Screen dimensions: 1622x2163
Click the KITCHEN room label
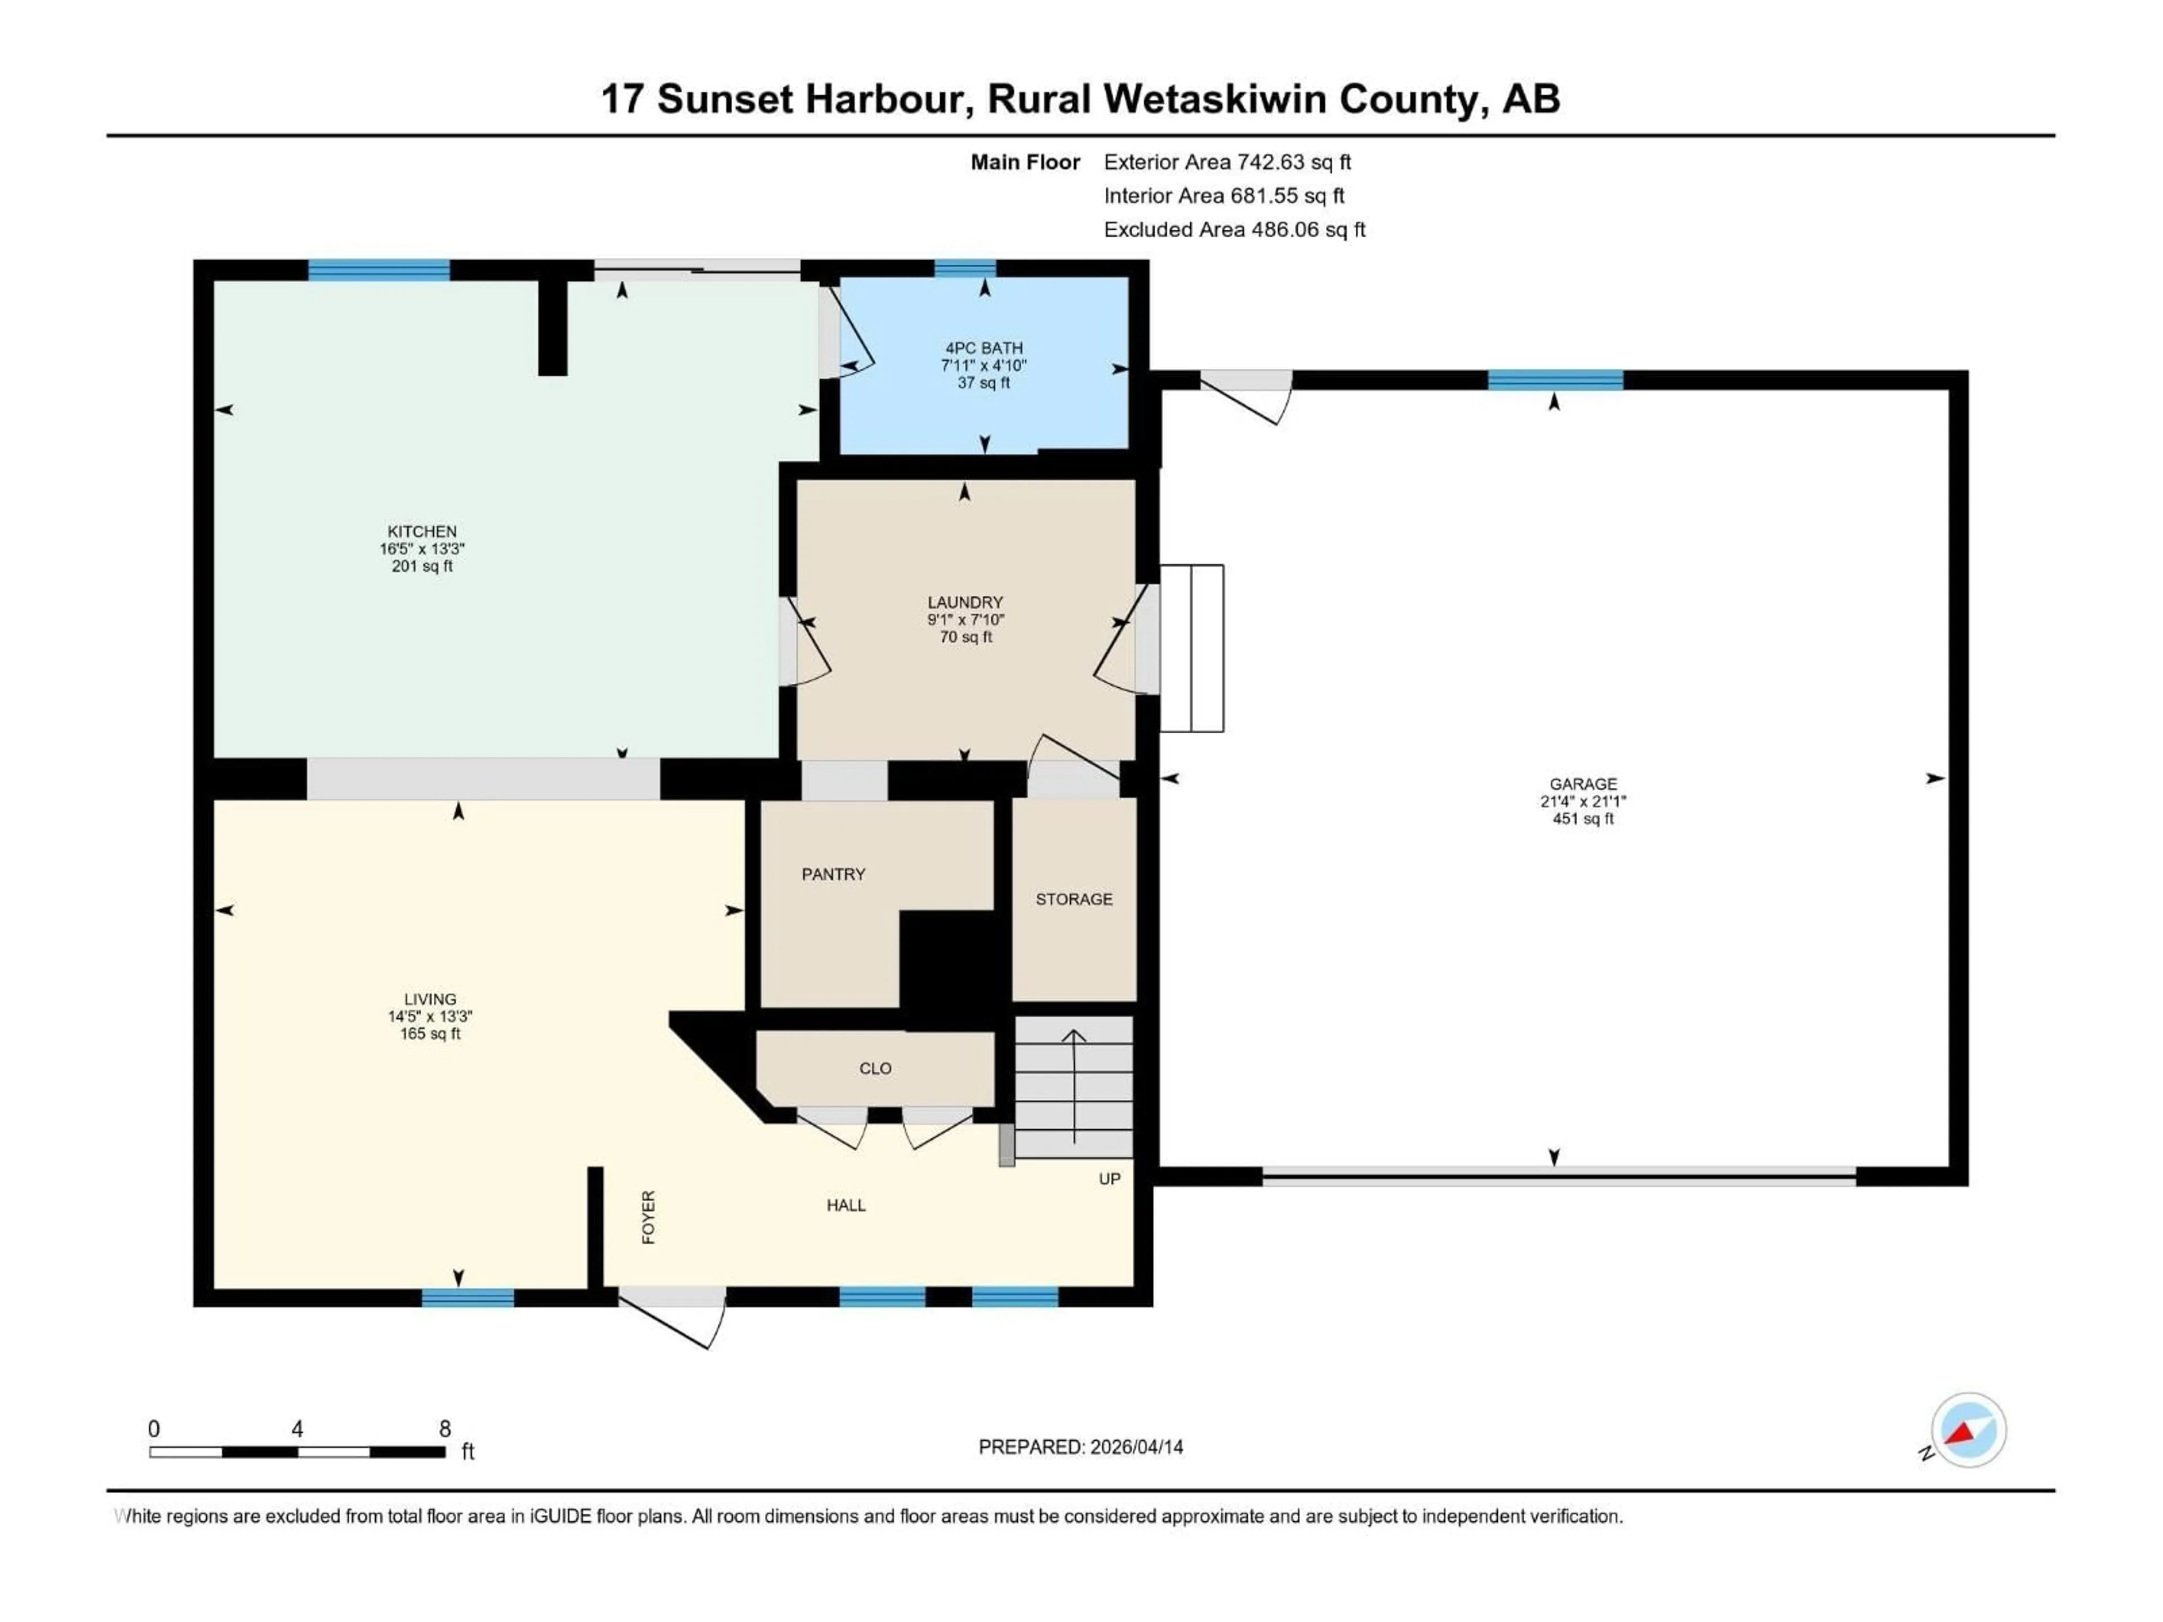coord(421,532)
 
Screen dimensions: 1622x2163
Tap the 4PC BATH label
coord(983,348)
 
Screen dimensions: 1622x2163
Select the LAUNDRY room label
coord(965,602)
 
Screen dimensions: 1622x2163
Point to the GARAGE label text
coord(1582,784)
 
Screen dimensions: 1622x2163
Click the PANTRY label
coord(833,874)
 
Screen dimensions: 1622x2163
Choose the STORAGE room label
coord(1074,898)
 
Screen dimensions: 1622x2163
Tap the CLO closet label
coord(875,1068)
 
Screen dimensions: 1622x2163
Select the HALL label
coord(846,1205)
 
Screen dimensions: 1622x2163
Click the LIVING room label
coord(430,999)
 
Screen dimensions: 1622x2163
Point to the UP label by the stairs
coord(1109,1179)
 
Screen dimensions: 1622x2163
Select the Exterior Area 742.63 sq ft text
coord(1227,162)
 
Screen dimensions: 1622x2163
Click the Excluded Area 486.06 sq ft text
coord(1234,230)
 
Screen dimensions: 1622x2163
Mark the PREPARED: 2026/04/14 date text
coord(1080,1447)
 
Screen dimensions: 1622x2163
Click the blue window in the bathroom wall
coord(964,269)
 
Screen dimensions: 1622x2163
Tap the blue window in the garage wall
coord(1555,380)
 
